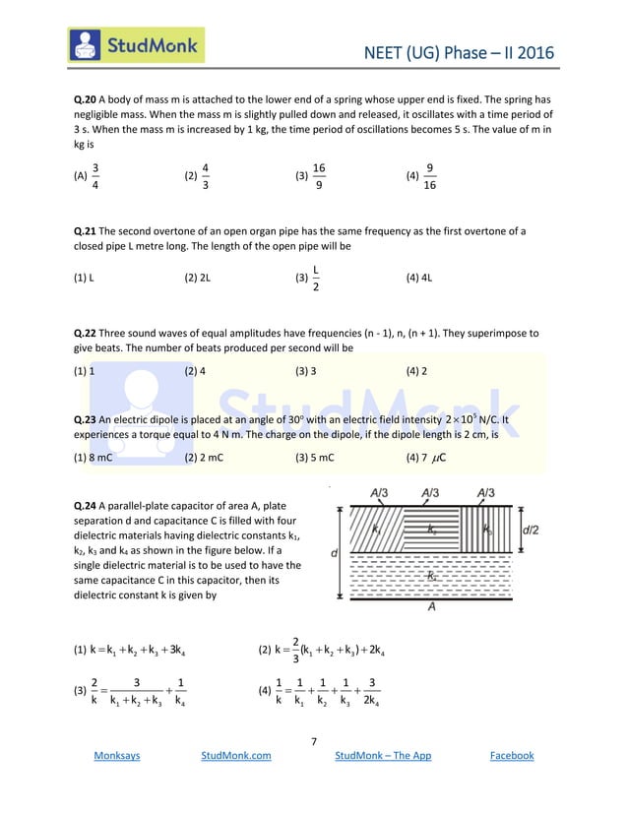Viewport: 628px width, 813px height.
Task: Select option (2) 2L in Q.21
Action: click(198, 278)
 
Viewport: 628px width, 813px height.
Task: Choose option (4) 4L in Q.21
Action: click(419, 278)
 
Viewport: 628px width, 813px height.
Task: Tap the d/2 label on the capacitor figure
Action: click(530, 530)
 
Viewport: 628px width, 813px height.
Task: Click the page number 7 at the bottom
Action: click(313, 741)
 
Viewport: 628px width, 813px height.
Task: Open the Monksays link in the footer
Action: click(116, 756)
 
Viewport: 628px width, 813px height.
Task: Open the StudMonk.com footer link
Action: click(235, 756)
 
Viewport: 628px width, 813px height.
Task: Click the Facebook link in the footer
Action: click(512, 756)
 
